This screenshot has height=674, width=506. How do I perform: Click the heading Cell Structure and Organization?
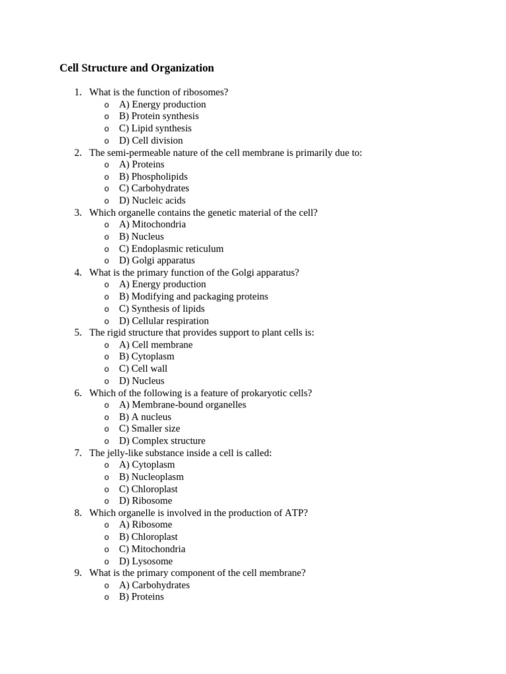pyautogui.click(x=136, y=68)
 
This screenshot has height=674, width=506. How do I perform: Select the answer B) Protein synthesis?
pyautogui.click(x=159, y=116)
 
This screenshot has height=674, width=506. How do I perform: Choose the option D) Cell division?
pyautogui.click(x=151, y=140)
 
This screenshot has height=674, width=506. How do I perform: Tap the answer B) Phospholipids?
pyautogui.click(x=153, y=176)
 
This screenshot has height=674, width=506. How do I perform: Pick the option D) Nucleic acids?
pyautogui.click(x=152, y=200)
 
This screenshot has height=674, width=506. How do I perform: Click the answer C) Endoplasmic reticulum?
pyautogui.click(x=171, y=248)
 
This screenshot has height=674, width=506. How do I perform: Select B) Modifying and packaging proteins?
pyautogui.click(x=194, y=296)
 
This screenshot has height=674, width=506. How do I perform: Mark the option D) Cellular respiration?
pyautogui.click(x=163, y=321)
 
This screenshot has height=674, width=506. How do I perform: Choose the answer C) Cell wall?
pyautogui.click(x=143, y=369)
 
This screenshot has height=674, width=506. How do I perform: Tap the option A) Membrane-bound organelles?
pyautogui.click(x=183, y=404)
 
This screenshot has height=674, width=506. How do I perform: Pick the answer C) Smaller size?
pyautogui.click(x=150, y=428)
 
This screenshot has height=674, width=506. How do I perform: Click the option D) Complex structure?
pyautogui.click(x=162, y=440)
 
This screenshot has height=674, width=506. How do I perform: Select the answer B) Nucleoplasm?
pyautogui.click(x=152, y=477)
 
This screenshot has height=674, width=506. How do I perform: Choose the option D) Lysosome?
pyautogui.click(x=146, y=561)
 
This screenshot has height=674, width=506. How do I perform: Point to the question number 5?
pyautogui.click(x=78, y=332)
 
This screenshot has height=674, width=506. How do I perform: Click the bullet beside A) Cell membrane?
pyautogui.click(x=107, y=345)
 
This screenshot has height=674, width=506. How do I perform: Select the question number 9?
pyautogui.click(x=78, y=573)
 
